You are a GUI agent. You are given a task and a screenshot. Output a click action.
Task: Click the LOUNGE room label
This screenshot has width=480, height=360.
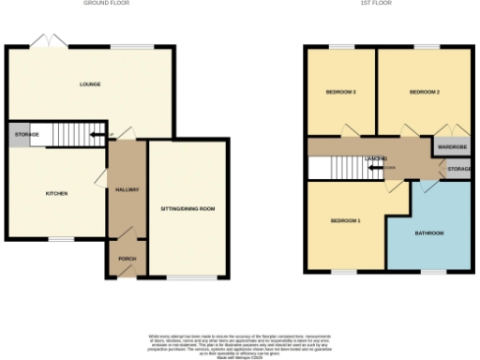(90, 84)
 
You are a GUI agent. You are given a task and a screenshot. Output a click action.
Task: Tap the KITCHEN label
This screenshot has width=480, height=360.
(57, 194)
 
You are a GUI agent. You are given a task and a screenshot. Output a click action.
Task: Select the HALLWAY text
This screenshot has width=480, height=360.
(127, 190)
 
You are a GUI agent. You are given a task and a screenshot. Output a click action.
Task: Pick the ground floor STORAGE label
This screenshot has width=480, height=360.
(26, 136)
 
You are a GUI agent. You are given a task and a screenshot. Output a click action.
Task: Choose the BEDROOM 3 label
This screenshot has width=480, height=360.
(340, 92)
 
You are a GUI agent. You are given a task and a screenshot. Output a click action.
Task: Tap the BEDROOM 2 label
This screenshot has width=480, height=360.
(425, 92)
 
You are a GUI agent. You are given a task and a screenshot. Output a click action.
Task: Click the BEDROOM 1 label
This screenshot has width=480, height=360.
(345, 220)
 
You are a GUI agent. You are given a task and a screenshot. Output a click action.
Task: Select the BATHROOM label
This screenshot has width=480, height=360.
(429, 232)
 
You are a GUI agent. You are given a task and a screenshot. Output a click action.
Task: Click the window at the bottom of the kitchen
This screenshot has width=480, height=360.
(61, 238)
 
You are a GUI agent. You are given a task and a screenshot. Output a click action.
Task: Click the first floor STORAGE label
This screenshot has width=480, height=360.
(458, 169)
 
